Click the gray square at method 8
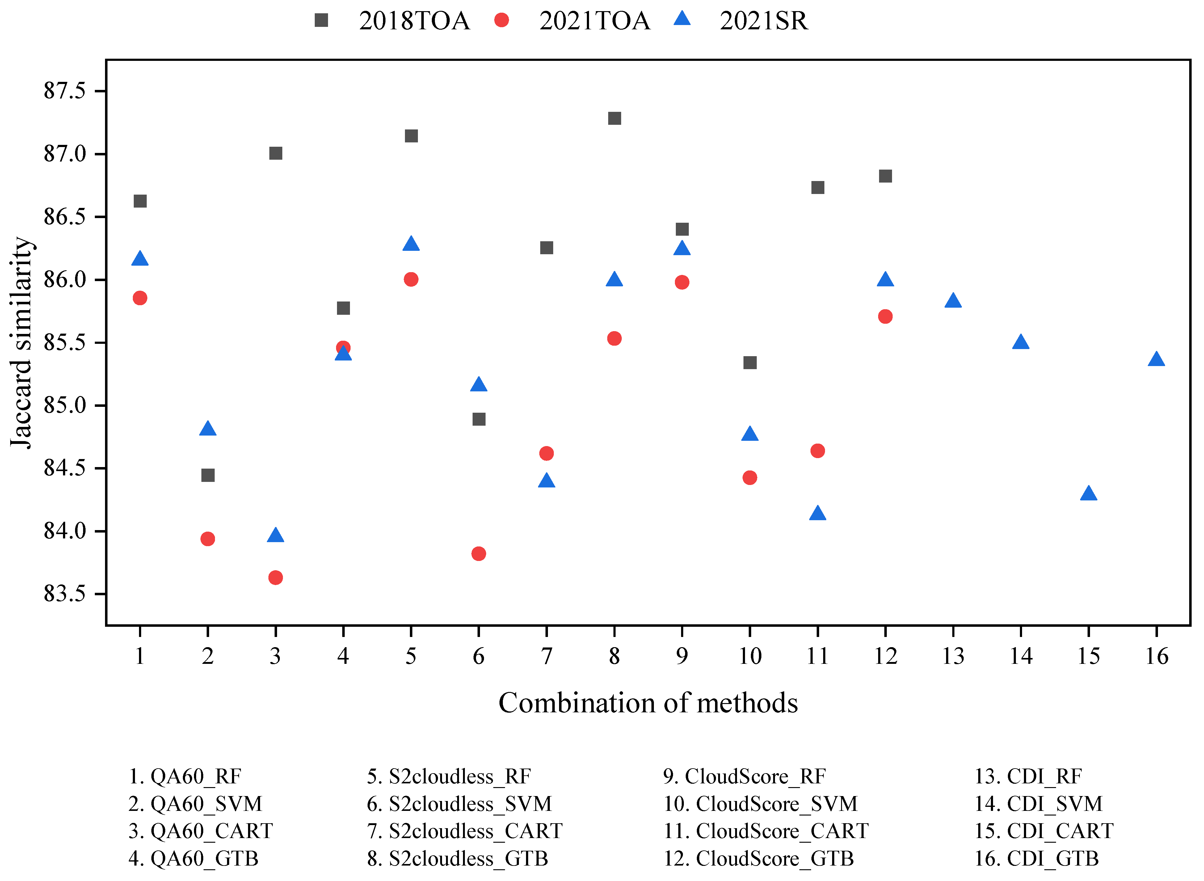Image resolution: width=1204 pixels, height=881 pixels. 614,118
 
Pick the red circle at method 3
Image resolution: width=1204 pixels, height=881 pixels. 275,578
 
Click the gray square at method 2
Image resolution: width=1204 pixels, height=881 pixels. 208,475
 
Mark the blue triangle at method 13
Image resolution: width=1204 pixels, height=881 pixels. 953,301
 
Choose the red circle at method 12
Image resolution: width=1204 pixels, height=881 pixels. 885,317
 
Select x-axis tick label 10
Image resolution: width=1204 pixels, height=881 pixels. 750,656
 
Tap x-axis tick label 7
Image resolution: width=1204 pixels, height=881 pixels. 546,656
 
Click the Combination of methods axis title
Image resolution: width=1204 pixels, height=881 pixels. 648,703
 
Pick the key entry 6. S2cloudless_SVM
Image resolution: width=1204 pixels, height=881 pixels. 459,804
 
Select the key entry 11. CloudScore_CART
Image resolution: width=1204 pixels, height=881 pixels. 766,831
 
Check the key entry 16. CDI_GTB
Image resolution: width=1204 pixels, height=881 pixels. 1036,858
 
